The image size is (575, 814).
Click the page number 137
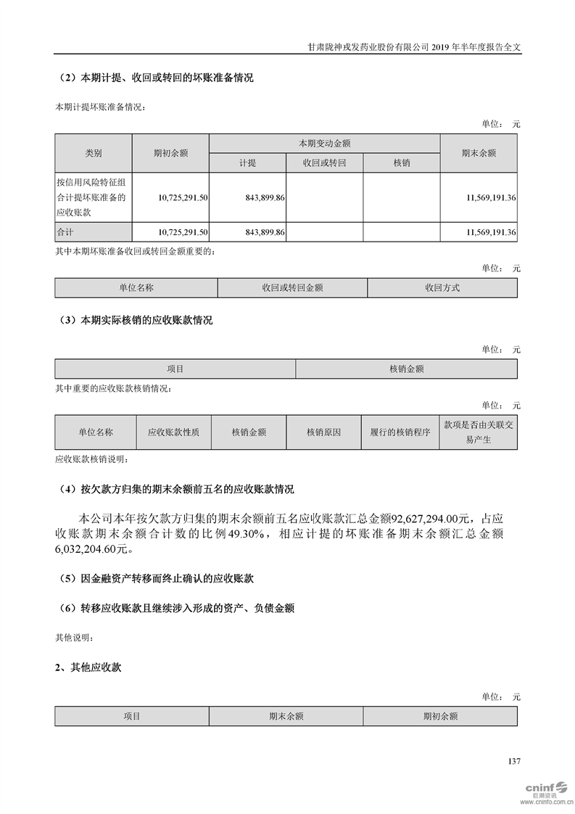514,761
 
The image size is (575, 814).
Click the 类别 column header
94,153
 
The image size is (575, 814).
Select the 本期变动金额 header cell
325,144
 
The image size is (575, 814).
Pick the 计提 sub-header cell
248,163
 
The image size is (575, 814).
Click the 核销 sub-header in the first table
402,163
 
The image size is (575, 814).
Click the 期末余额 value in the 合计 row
487,232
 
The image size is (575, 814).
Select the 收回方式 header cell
442,288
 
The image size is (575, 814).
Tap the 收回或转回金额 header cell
292,288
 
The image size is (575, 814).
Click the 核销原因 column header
324,432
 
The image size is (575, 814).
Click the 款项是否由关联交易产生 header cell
479,432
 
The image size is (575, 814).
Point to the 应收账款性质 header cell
170,432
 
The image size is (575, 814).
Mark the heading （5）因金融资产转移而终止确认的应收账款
154,578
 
